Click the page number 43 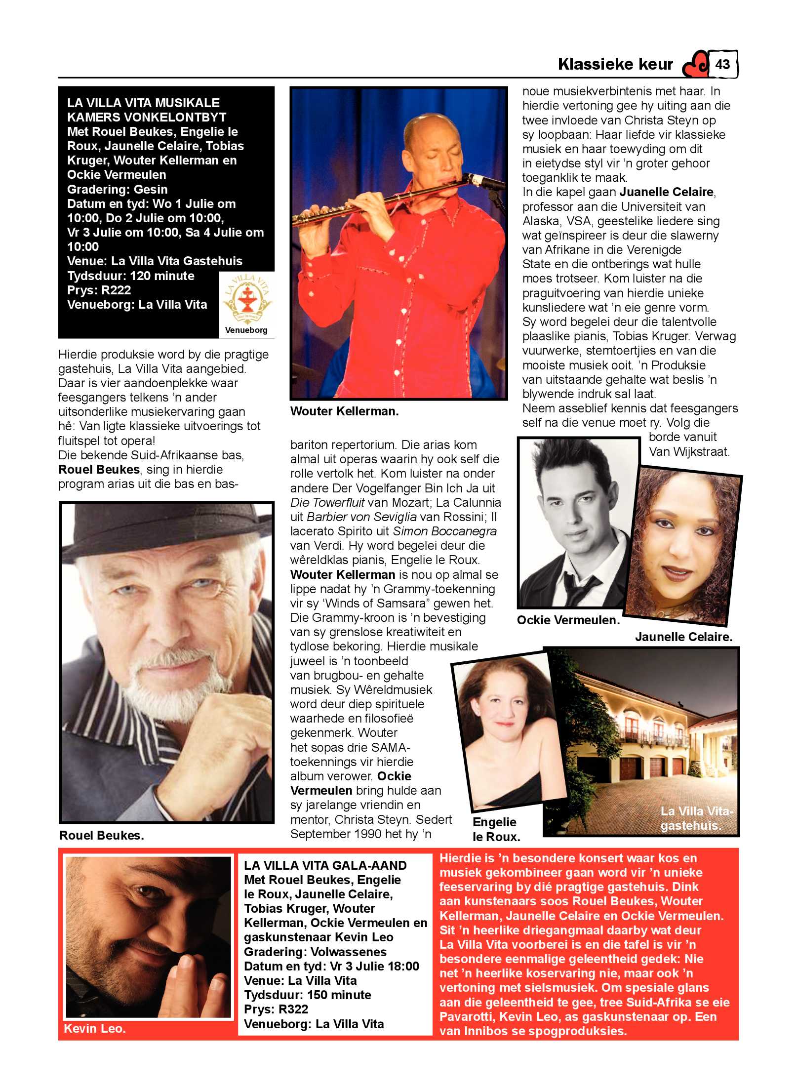pyautogui.click(x=722, y=64)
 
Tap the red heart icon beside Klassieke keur pyautogui.click(x=695, y=65)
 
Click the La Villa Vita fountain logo pyautogui.click(x=246, y=299)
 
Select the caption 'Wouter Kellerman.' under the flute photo pyautogui.click(x=344, y=411)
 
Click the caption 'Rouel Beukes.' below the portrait pyautogui.click(x=101, y=835)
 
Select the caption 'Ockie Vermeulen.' pyautogui.click(x=568, y=620)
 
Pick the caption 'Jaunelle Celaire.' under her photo pyautogui.click(x=683, y=637)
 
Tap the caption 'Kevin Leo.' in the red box pyautogui.click(x=95, y=1028)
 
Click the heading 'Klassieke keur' pyautogui.click(x=615, y=64)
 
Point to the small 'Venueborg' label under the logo pyautogui.click(x=246, y=330)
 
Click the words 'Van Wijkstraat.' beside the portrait pyautogui.click(x=689, y=451)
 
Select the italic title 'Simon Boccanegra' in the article pyautogui.click(x=444, y=531)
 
